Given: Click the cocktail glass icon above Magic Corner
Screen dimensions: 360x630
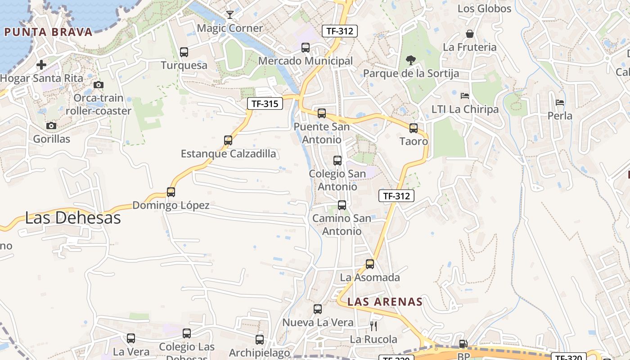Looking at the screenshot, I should tap(230, 15).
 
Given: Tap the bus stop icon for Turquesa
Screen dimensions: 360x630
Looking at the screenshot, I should tap(184, 52).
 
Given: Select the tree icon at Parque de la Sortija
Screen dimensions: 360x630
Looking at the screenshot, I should tap(410, 60).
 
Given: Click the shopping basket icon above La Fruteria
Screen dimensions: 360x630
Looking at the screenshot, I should tap(469, 34).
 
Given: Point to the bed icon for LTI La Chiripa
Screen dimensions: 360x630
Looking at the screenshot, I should tap(465, 96).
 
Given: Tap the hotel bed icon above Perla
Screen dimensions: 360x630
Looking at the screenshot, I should tap(560, 103).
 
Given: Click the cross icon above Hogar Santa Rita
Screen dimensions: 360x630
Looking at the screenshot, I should tap(41, 65).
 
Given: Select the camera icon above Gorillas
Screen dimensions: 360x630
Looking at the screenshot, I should tap(51, 126).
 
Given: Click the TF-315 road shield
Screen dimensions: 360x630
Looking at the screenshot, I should tap(265, 104).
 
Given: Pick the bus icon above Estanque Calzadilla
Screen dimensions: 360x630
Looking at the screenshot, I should tap(228, 140).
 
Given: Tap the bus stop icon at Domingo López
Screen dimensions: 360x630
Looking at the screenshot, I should tap(171, 192).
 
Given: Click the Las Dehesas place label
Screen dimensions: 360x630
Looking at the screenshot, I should tap(73, 218).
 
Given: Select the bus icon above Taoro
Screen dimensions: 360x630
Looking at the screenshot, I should tap(414, 128).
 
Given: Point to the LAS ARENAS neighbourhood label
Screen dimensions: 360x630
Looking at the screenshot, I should tap(385, 301).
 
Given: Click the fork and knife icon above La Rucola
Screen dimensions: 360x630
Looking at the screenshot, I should tap(373, 326).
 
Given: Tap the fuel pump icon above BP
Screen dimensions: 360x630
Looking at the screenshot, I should tap(463, 344).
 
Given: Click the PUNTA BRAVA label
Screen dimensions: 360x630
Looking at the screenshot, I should tap(48, 32).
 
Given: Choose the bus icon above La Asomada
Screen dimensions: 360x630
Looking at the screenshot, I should tap(370, 264).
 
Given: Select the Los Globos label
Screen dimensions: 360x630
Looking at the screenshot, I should tap(484, 9).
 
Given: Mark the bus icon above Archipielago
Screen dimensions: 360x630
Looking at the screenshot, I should tap(260, 340).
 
